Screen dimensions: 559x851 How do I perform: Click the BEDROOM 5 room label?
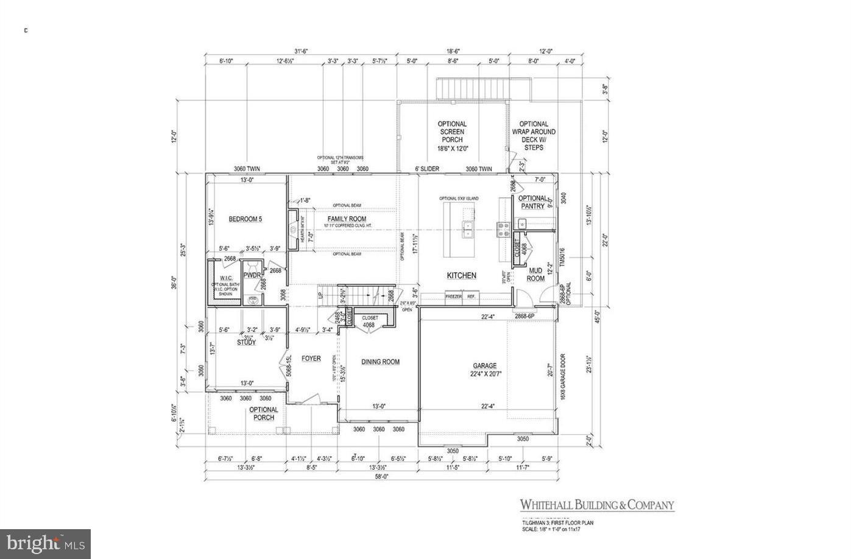(245, 219)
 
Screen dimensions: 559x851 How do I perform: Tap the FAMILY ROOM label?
(347, 219)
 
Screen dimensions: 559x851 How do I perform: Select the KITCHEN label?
(462, 276)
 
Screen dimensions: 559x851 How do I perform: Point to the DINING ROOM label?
(381, 362)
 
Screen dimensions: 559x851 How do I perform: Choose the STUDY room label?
(246, 342)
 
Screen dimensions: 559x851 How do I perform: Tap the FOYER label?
(311, 359)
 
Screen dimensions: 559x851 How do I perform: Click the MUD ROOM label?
(535, 275)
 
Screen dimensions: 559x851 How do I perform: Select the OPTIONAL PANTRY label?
(533, 202)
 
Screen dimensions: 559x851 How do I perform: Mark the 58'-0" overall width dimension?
(381, 477)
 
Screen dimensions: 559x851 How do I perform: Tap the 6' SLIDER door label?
(428, 169)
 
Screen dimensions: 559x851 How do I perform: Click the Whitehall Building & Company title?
(596, 505)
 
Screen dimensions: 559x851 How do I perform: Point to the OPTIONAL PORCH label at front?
(264, 413)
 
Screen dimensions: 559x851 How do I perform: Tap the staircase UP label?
(320, 295)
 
